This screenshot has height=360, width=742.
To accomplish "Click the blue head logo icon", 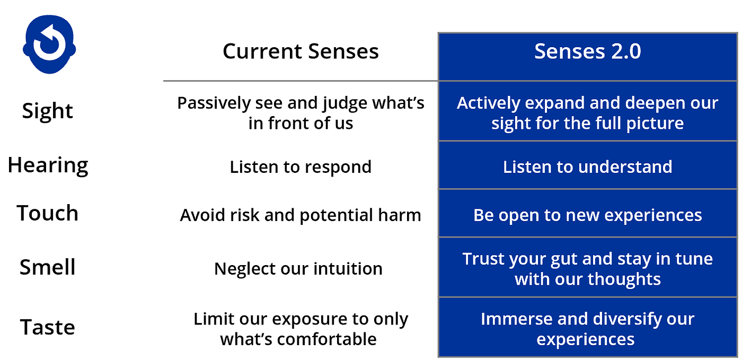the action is (49, 44).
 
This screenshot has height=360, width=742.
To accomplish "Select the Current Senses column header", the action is (301, 51).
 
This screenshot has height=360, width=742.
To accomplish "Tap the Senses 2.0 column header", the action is (588, 51).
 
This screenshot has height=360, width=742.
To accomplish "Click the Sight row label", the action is (47, 111).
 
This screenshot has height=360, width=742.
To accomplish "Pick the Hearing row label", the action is (48, 165).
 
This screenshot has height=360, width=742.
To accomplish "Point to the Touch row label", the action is (47, 213).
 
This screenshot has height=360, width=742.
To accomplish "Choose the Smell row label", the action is (47, 267).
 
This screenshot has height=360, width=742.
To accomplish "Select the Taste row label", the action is (47, 327).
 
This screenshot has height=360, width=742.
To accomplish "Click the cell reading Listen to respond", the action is (301, 167).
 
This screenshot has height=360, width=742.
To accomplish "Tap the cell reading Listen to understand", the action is (588, 166).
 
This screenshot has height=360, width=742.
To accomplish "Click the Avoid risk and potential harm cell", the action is (301, 215).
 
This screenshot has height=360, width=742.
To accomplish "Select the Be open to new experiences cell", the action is (588, 215).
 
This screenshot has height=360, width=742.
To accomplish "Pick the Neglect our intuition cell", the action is (298, 269).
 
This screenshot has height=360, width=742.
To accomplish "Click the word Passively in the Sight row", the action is (214, 103).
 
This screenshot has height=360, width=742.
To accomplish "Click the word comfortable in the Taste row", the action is (326, 339).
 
